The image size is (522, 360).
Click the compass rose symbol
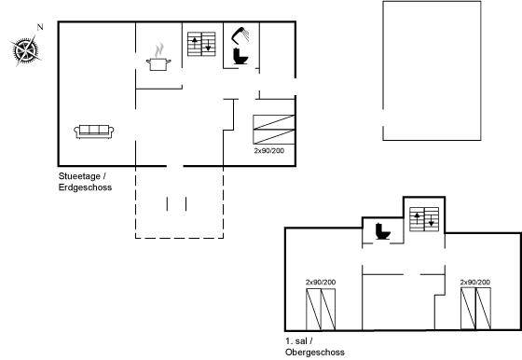coord(25,50)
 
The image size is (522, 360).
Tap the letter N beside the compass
coord(40,27)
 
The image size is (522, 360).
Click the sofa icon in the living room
coord(94,132)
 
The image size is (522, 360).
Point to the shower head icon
coord(240,35)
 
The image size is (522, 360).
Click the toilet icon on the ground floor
coord(240,56)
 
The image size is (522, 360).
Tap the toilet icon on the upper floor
coord(383,231)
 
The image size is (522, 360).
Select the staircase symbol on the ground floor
coord(201,44)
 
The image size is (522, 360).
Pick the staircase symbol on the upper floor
coord(424,219)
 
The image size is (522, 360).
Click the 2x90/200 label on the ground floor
coord(269,150)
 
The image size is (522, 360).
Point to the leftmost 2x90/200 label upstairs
coord(321,282)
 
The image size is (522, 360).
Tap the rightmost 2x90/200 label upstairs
coord(475,282)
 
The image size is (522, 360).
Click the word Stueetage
coord(79,176)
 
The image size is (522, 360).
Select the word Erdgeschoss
coord(85,187)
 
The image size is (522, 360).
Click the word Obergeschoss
coord(315,352)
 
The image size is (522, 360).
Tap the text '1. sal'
coord(296,341)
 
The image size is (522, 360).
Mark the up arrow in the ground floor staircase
coord(195,44)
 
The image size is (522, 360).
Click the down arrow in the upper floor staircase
coord(431,220)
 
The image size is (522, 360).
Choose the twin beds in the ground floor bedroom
coord(274,130)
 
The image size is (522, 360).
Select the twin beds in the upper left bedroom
coord(321,310)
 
